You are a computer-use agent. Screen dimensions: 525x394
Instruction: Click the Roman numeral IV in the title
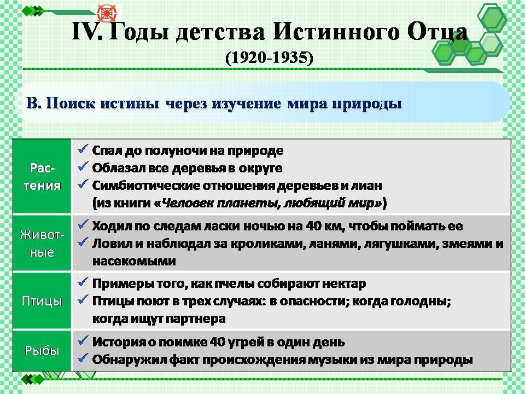pos(86,32)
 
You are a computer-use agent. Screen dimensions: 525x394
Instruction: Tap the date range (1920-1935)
pos(269,57)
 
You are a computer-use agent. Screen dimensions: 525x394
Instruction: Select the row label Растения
pos(42,176)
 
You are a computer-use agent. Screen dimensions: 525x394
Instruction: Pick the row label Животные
pos(42,243)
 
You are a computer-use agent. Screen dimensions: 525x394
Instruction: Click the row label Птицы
pos(42,301)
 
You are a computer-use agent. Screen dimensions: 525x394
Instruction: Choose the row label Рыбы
pos(42,350)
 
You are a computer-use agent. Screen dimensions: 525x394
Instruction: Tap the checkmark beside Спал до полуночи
pos(83,149)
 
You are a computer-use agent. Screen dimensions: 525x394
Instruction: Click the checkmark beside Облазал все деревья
pos(83,166)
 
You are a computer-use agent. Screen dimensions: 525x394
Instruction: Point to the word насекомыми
pos(134,261)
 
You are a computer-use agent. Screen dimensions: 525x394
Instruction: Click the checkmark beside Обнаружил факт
pos(83,358)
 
